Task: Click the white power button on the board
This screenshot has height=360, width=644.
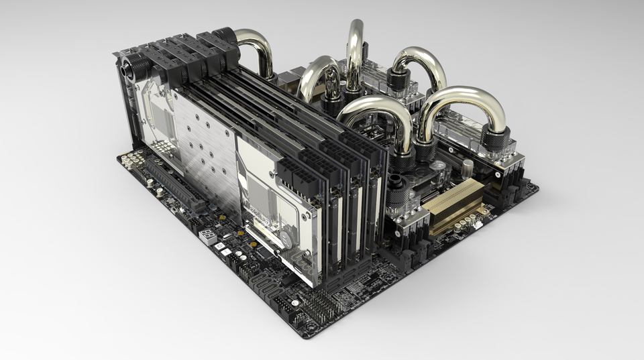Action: [x=219, y=245]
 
